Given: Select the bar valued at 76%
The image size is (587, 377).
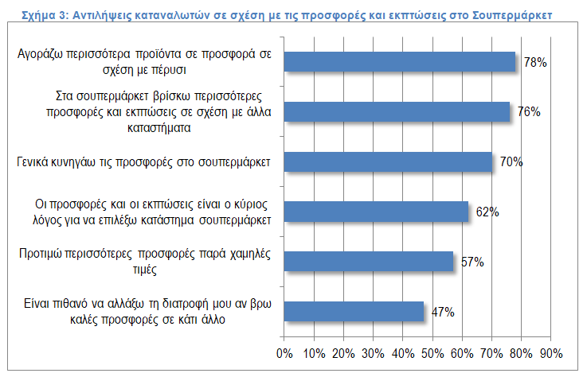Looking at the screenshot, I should pos(397,112).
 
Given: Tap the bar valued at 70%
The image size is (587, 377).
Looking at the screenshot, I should pos(388,161).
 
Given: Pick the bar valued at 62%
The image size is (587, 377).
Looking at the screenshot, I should pos(376,212).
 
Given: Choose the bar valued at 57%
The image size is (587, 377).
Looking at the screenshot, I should pos(369,261).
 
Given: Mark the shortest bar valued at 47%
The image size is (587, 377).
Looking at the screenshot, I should pos(354,311).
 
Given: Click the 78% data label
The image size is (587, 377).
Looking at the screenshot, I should pos(534,62).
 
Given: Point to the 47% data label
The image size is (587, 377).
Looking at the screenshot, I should pos(443,312).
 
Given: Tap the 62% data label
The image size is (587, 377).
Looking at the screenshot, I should pos(487,212).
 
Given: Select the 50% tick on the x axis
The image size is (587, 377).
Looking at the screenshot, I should pos(432,352).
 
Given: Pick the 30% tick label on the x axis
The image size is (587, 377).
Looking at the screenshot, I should pos(373,352).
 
